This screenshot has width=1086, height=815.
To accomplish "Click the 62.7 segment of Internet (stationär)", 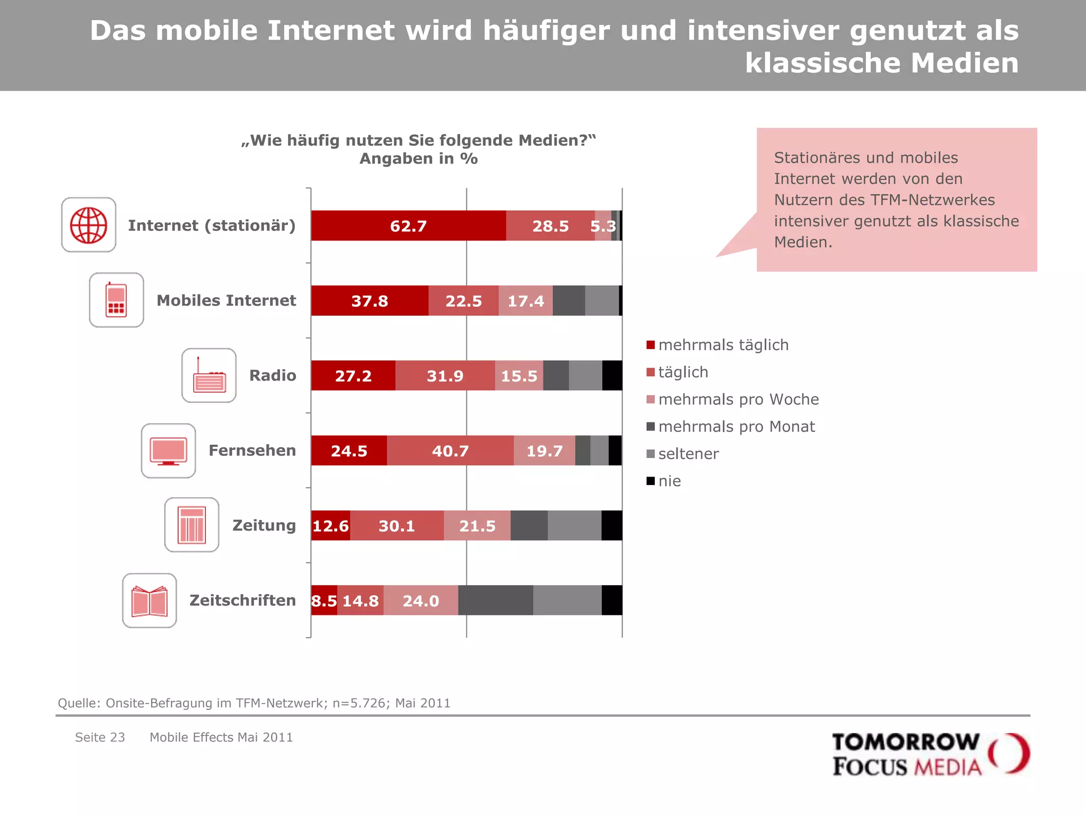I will (x=408, y=226).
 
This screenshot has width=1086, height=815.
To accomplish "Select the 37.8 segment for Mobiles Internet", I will (x=370, y=301).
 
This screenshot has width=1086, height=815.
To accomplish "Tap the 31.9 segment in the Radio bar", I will (x=445, y=376).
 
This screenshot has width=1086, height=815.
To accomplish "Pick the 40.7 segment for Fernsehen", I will (x=450, y=450).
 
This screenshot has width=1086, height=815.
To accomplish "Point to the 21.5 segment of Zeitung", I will (x=477, y=526).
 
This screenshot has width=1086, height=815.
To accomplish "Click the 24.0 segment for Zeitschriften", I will (x=421, y=601).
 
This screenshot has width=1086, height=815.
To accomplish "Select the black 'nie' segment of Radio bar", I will (x=612, y=376).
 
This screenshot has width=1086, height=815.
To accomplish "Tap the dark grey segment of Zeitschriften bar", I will (x=495, y=601).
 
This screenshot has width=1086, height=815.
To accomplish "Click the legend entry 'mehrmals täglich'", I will (x=723, y=345).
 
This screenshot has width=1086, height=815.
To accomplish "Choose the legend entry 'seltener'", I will (x=688, y=454).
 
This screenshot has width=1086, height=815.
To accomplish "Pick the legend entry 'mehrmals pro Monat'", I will (x=736, y=427).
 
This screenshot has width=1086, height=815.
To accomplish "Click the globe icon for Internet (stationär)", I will (x=89, y=225).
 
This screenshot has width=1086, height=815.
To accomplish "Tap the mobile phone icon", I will (x=116, y=300).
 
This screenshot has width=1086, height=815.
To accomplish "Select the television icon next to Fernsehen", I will (x=168, y=451).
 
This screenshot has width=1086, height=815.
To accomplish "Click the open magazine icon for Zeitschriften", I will (x=150, y=601).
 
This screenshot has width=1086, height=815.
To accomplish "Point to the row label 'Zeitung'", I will (x=264, y=525).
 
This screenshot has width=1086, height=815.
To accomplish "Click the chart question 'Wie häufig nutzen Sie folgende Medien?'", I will (x=418, y=141).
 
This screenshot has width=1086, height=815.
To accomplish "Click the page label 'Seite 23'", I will (x=100, y=738).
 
